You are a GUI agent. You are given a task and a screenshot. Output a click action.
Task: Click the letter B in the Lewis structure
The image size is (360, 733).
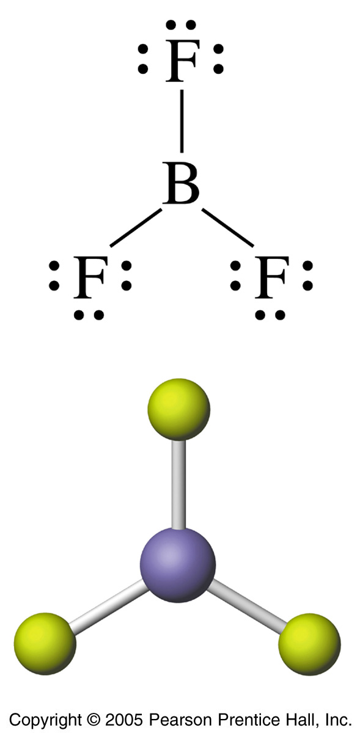pos(181,184)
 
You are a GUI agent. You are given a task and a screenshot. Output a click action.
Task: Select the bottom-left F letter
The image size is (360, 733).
pos(90,277)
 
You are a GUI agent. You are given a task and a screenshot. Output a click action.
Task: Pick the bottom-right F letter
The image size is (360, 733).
pos(272,277)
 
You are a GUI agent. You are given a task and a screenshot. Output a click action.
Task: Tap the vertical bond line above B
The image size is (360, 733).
pos(182,121)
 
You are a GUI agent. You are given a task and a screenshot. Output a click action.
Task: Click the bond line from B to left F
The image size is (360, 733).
pos(136,227)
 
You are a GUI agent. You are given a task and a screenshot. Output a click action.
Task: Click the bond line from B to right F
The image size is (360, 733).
pos(227,227)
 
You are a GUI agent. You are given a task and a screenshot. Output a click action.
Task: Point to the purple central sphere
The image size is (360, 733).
pos(178,565)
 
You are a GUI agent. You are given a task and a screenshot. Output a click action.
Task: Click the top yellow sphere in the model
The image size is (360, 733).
pos(178,409)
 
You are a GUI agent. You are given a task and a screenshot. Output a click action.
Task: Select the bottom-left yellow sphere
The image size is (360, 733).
pos(45,644)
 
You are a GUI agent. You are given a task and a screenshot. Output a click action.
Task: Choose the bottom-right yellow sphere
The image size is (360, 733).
pos(309,644)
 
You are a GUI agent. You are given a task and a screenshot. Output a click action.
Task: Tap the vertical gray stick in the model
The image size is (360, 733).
pos(178,484)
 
